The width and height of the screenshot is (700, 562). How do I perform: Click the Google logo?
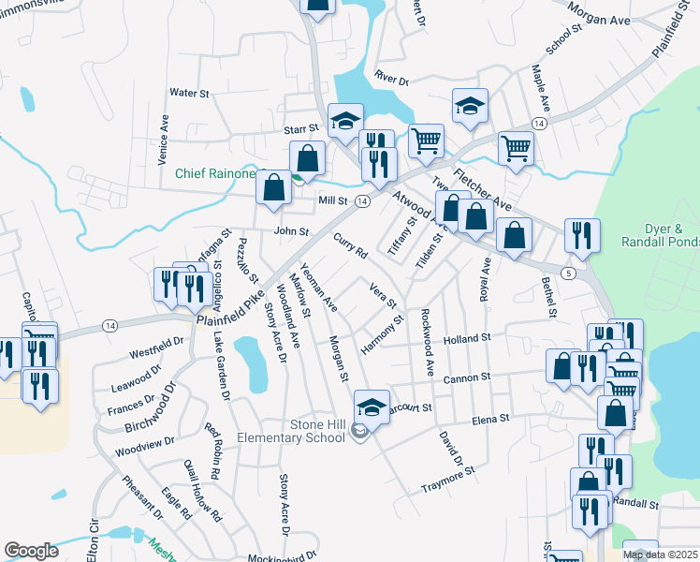tap(32, 551)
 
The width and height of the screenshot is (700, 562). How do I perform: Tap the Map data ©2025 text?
tap(660, 555)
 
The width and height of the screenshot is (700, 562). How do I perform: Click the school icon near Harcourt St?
tap(372, 407)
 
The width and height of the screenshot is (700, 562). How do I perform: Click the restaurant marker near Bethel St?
tap(582, 236)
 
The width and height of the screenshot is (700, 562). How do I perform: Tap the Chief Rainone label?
tap(218, 172)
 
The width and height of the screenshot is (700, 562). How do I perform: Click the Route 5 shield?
tap(569, 272)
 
